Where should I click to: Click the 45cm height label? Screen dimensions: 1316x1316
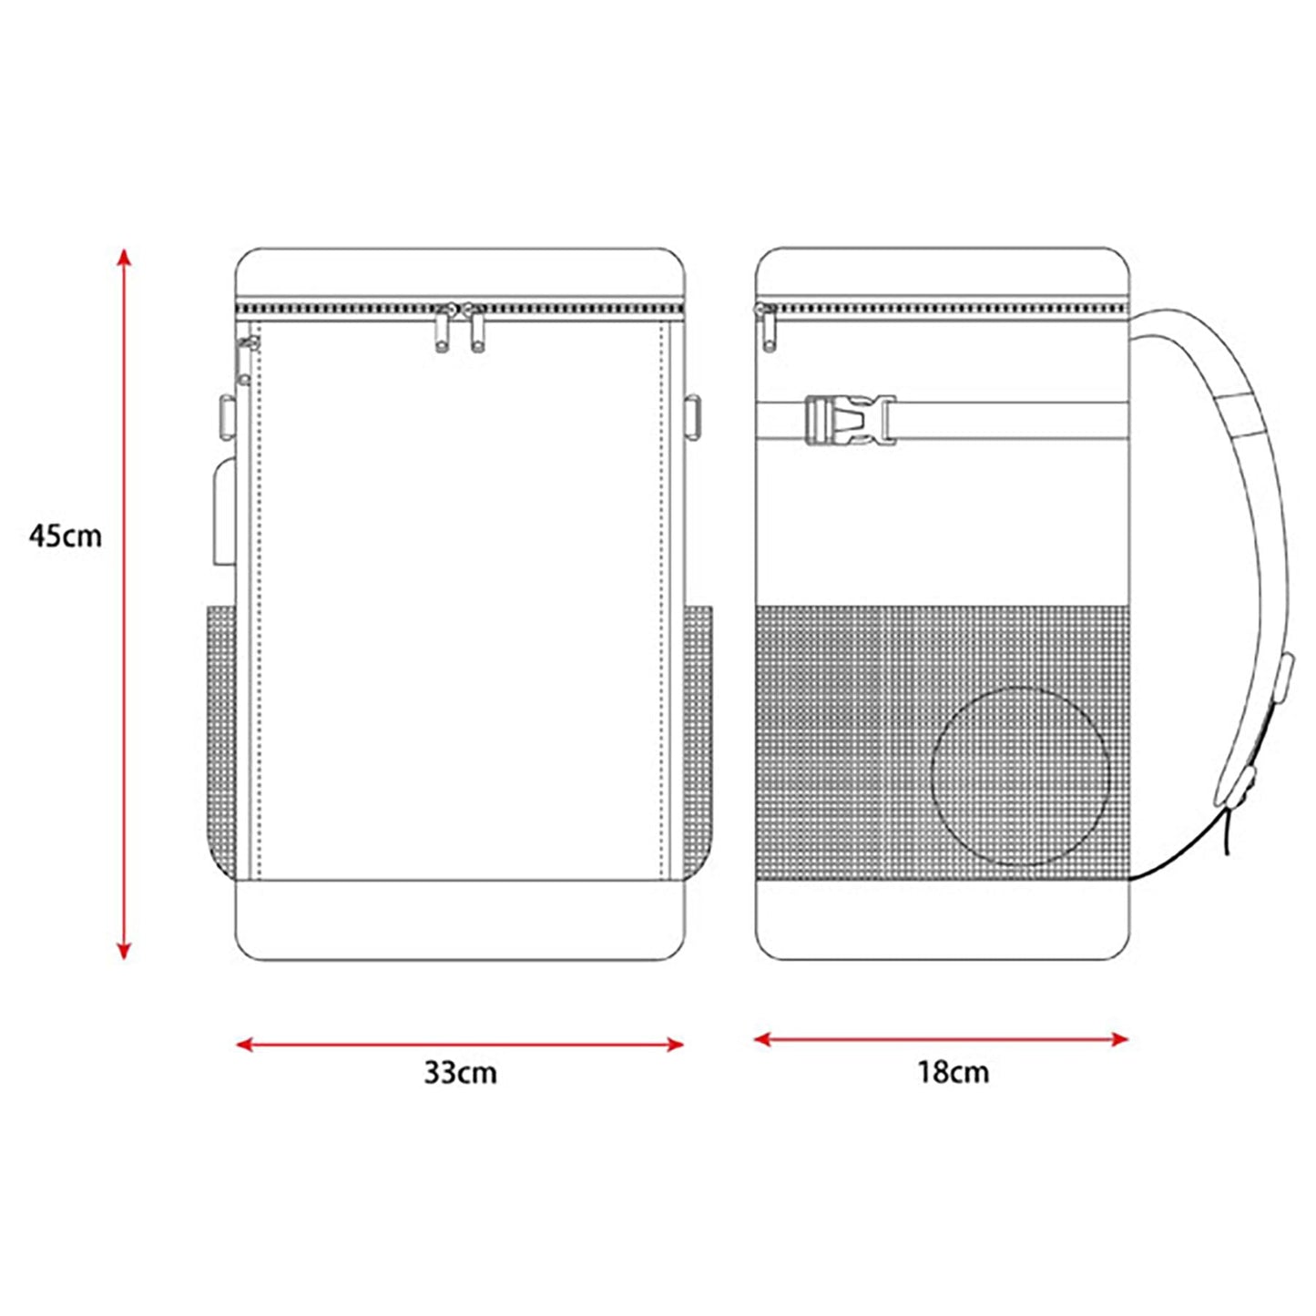pos(66,536)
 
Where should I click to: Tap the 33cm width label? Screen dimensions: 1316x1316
pos(460,1073)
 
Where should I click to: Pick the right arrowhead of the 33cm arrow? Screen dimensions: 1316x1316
pos(675,1045)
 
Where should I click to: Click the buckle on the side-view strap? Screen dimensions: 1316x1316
pos(851,420)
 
